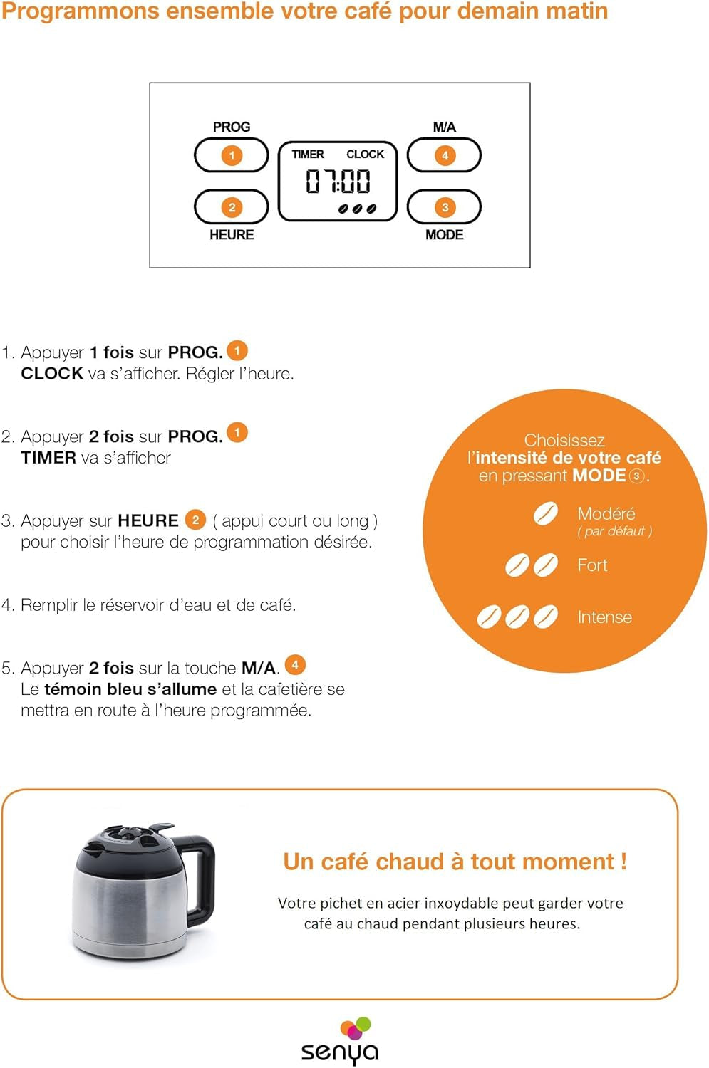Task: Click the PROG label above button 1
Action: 232,127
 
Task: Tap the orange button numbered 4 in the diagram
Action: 445,155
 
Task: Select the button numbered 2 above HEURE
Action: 232,207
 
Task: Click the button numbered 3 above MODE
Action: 445,207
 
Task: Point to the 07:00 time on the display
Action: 338,182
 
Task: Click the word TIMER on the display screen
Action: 308,154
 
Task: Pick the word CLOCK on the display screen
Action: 365,154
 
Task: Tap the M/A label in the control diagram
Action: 445,127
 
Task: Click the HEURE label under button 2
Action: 232,234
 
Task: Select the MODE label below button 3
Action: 445,234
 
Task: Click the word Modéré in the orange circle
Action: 606,513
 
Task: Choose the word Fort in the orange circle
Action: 592,565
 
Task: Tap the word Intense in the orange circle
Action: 604,617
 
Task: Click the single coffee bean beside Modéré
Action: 546,513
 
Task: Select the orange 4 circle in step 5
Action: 295,665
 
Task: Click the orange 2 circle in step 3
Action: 195,520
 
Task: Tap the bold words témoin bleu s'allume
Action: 130,689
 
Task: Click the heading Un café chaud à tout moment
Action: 455,862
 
